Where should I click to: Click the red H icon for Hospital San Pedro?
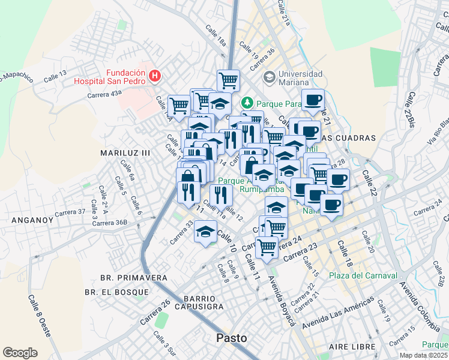click(155, 75)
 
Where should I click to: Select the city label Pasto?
click(231, 338)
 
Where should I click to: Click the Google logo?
click(20, 352)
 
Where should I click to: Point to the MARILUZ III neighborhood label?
click(125, 154)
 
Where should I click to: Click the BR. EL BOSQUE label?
click(116, 292)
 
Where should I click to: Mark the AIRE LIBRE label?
click(352, 347)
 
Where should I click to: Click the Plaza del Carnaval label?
click(363, 275)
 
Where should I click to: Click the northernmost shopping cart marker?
click(228, 80)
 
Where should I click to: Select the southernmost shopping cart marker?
click(267, 247)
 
